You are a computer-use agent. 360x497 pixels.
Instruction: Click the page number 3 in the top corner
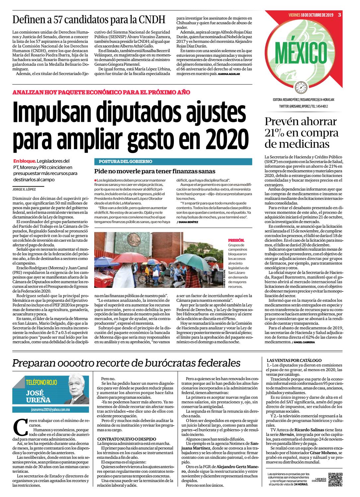340,14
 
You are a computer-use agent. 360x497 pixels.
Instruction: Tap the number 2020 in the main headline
228,137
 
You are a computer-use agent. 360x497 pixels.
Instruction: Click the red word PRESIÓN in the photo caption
236,240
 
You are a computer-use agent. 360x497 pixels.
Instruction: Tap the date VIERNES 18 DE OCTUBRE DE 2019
311,15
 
